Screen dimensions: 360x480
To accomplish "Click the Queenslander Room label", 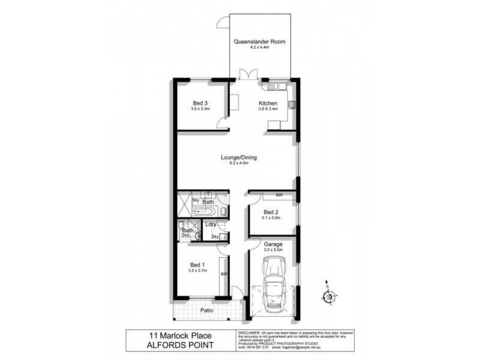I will point(260,42).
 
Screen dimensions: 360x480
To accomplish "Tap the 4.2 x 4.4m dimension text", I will point(260,48).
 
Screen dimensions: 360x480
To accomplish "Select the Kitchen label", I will point(268,103).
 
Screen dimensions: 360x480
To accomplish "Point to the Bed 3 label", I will point(200,102).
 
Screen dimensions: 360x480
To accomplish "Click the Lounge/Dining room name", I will point(238,157).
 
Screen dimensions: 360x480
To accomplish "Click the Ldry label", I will point(211,224).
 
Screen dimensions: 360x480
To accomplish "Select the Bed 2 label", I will point(271,212).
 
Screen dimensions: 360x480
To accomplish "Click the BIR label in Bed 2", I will point(279,196).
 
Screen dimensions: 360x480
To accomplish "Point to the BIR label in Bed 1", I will point(223,274).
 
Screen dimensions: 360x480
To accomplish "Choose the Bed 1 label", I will point(197,265).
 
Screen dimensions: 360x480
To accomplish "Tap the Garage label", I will point(273,244).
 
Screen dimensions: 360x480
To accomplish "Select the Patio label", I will point(208,310).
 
